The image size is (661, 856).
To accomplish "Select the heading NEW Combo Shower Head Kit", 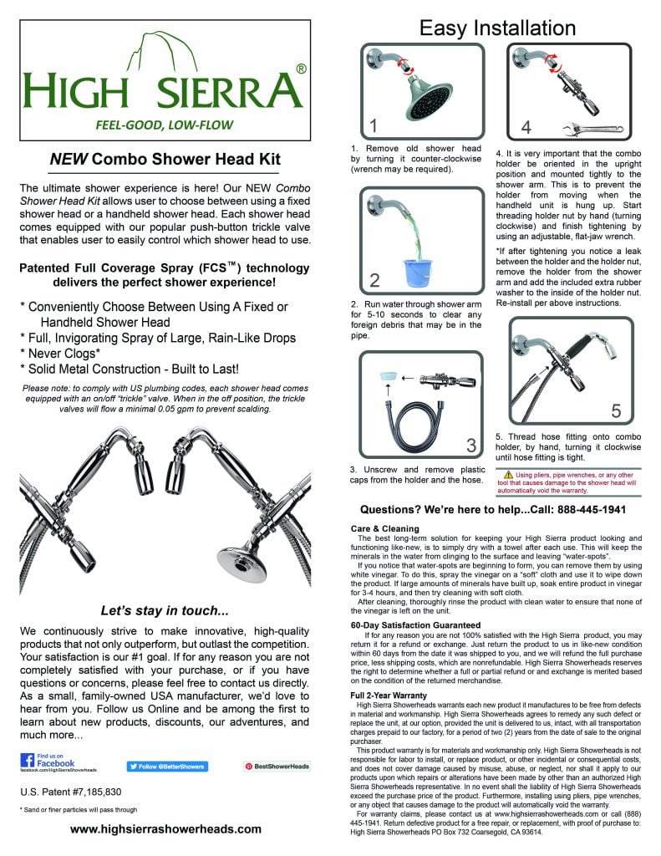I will coord(165,160).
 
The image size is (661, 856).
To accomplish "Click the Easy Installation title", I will coord(497,28).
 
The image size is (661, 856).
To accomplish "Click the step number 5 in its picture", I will coord(616,410).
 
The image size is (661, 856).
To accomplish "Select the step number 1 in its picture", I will coord(374,126).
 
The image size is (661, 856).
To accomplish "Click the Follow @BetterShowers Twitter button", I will coord(167,766).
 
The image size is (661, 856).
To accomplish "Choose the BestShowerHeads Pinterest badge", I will coord(277,766).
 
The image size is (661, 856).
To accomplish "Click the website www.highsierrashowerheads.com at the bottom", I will coord(165,829).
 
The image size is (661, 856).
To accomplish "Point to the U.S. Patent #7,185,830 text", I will coord(70,791).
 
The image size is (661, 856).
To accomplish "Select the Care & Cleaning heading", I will coord(384,528).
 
